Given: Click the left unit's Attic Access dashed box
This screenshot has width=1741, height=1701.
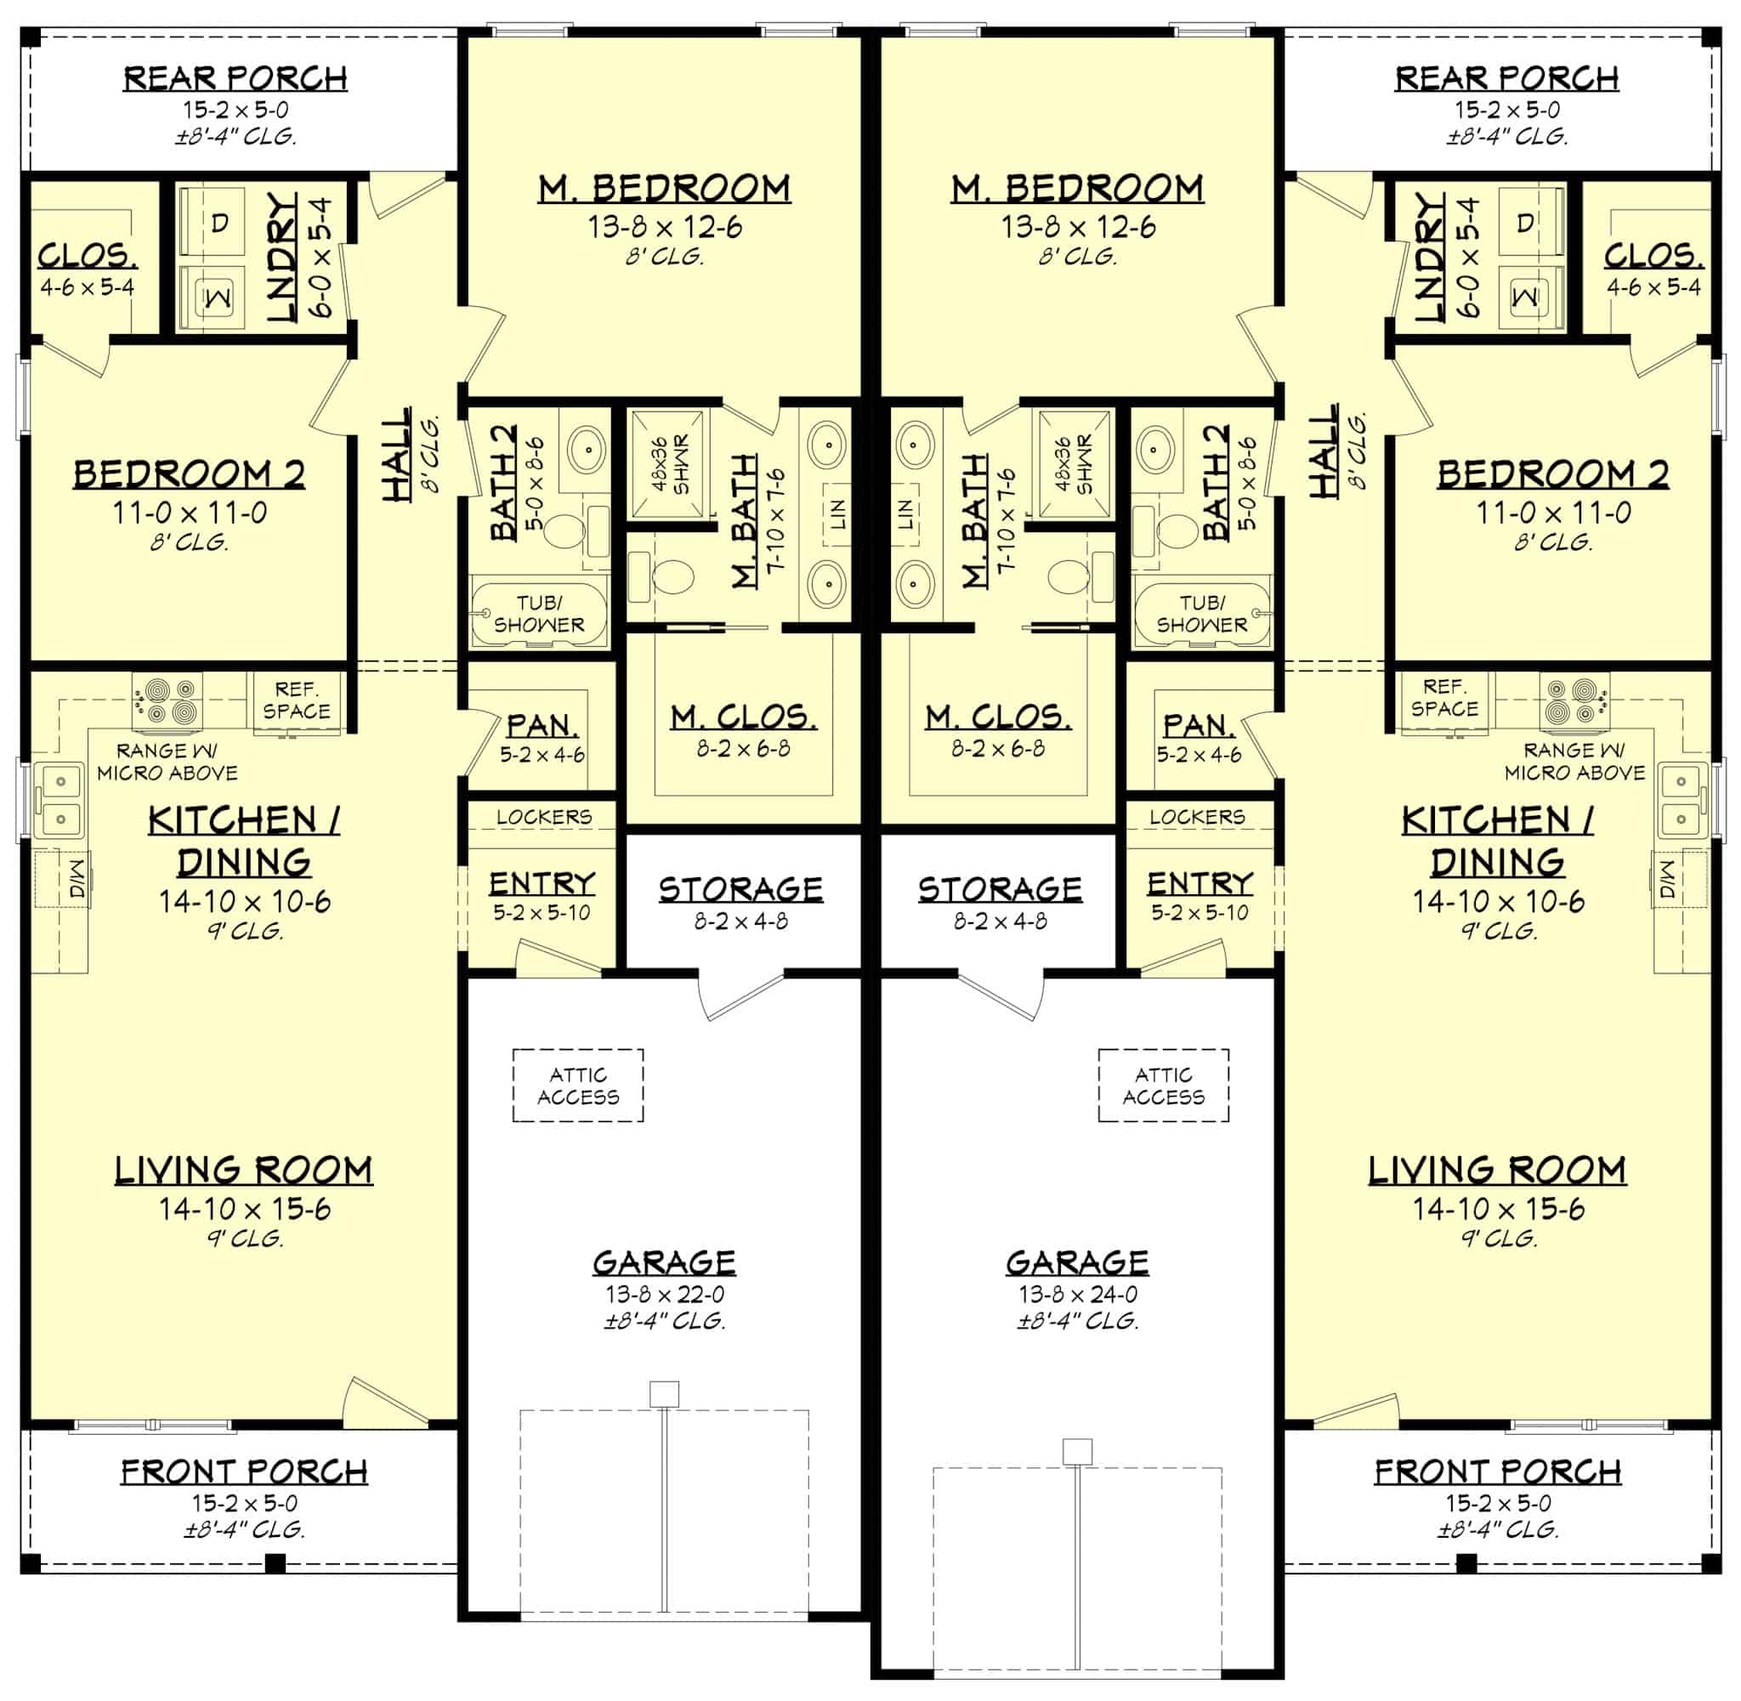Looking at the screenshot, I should (577, 1086).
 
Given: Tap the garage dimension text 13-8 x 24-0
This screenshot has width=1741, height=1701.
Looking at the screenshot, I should (1077, 1294).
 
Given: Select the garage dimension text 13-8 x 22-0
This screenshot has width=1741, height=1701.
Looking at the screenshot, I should (665, 1294).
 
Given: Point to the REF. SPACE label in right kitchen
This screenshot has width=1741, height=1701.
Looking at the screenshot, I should (1443, 698).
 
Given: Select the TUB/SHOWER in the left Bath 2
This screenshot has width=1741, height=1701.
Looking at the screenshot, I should (539, 614).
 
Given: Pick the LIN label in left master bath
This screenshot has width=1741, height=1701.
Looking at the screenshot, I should (837, 514).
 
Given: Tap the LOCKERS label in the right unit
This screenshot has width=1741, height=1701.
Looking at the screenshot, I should (1196, 817).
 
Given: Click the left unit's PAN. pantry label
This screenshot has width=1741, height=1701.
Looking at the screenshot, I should (542, 725).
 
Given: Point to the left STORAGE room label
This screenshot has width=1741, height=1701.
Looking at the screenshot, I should (740, 890).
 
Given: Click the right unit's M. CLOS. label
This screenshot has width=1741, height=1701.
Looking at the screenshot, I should (997, 717).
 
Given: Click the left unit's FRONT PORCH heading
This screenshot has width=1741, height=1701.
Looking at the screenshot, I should (244, 1471).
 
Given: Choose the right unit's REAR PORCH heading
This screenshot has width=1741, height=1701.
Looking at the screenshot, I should (1506, 78).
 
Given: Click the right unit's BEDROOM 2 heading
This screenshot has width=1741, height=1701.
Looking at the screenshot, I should (1552, 473).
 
